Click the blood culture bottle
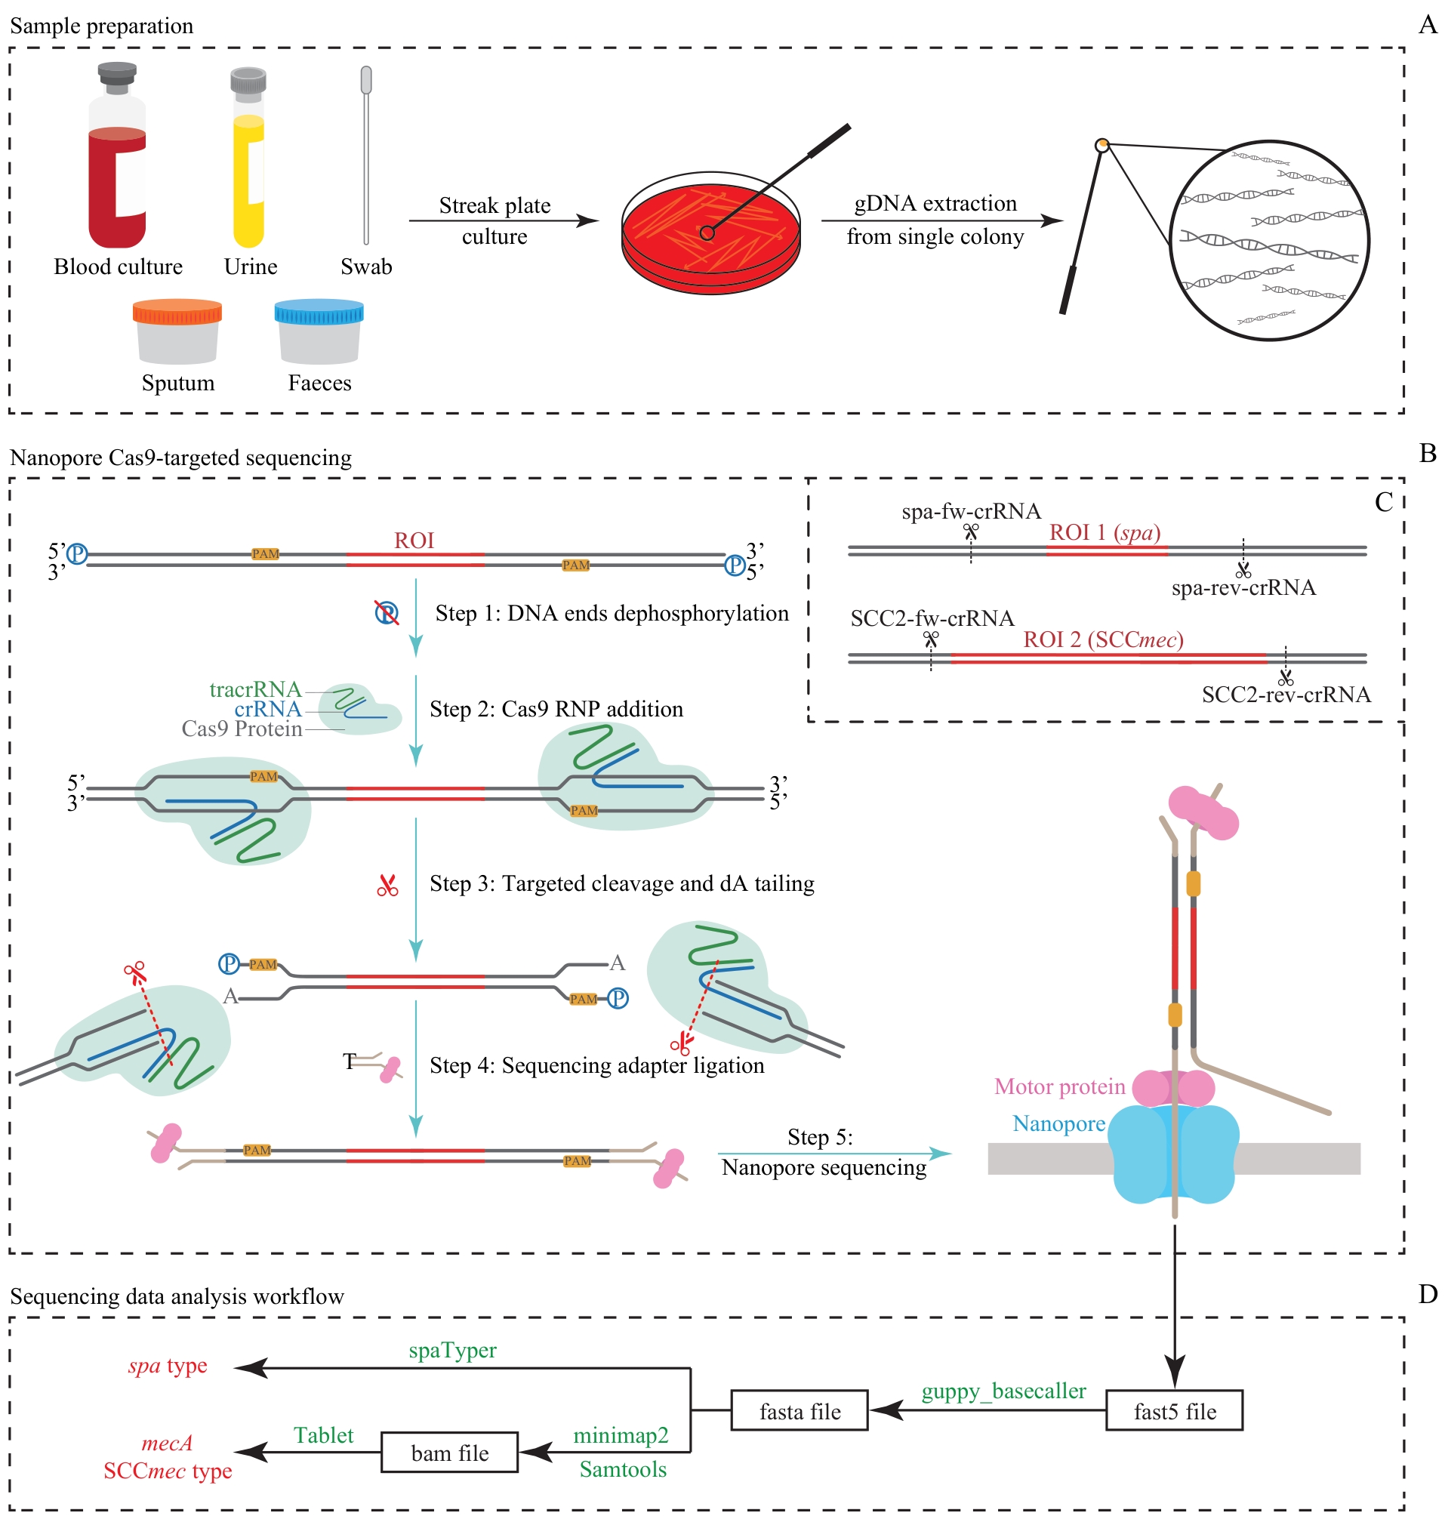coord(117,165)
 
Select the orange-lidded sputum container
coord(177,332)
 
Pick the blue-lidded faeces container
coord(319,332)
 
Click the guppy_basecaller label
coord(1003,1390)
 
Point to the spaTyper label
coord(452,1350)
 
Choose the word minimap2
coord(620,1434)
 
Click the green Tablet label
coord(324,1434)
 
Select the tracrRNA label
coord(255,689)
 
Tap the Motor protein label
coord(1059,1086)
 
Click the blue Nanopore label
coord(1058,1123)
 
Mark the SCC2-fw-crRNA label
coord(932,618)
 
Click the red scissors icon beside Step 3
coord(387,886)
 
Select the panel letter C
coord(1383,502)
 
